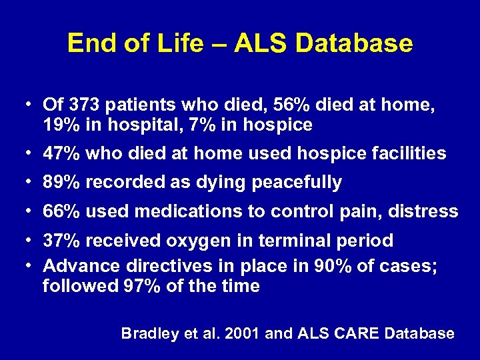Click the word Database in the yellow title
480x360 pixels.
click(353, 44)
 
